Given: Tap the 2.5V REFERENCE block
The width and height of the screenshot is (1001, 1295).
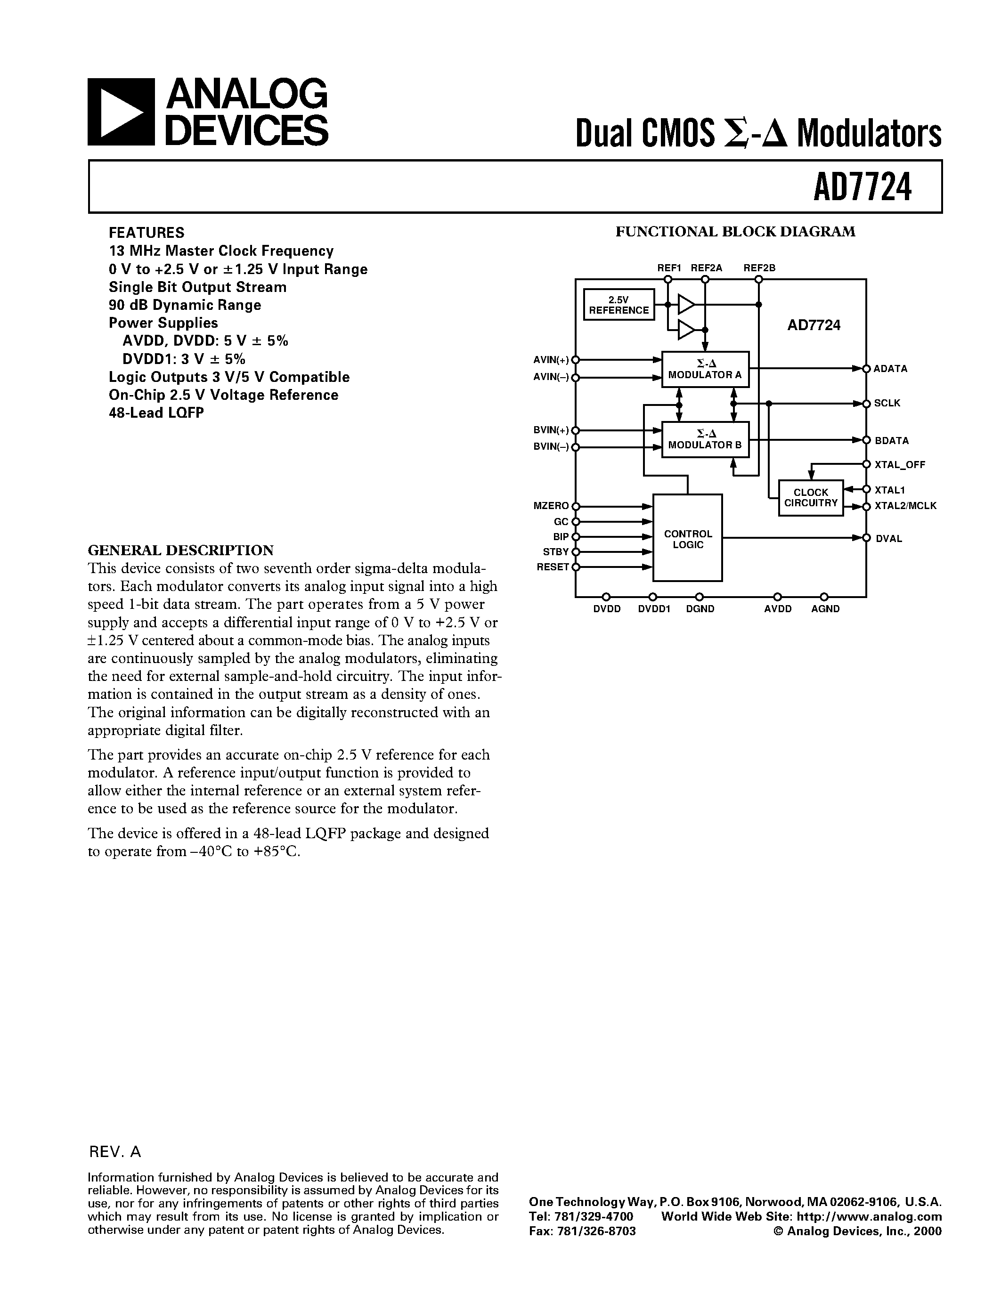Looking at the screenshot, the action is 619,305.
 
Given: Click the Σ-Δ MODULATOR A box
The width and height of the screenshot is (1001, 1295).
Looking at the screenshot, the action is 705,369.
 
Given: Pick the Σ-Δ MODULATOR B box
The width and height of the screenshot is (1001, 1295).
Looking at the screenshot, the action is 705,439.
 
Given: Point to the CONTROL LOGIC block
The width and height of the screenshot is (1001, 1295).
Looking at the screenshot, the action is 687,538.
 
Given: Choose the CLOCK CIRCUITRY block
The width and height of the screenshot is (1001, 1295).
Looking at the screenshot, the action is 811,497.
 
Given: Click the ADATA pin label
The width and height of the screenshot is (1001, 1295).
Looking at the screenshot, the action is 890,369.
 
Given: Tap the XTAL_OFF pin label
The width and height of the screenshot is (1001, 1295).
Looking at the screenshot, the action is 900,465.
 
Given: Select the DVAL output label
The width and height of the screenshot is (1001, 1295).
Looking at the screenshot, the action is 889,538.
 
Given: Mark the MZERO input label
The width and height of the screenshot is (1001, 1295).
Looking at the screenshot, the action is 552,506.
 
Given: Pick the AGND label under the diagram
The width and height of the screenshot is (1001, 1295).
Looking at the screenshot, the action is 825,609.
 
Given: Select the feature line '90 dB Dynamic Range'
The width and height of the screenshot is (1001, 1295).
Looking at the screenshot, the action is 185,305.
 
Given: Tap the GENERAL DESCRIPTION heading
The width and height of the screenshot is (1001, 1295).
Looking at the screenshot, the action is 181,550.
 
